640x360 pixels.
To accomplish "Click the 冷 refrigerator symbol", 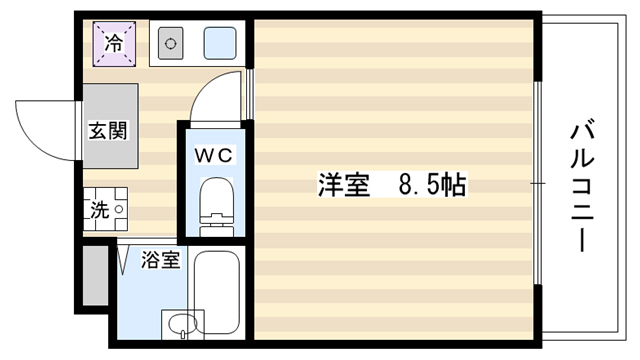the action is (x=114, y=44).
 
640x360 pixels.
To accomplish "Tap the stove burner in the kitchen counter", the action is (x=170, y=43).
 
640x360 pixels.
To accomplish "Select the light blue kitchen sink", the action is (x=220, y=43).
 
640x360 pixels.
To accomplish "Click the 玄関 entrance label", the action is (x=108, y=131).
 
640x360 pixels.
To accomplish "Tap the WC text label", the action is (x=213, y=156).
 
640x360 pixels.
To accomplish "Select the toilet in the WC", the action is (x=216, y=207).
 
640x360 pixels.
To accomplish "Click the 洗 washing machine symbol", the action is (x=106, y=209).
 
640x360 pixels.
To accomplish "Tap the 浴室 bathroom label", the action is (x=160, y=260).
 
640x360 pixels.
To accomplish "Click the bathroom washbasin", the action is (x=182, y=324).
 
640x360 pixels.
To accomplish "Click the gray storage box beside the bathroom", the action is (x=96, y=275).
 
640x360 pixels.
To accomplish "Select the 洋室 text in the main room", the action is (x=344, y=185).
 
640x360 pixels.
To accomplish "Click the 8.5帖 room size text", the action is (x=432, y=185).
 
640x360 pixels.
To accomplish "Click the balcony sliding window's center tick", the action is (x=538, y=183).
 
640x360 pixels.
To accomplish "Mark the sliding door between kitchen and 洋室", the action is (x=249, y=94).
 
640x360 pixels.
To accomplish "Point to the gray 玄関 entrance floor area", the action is (x=110, y=126).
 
